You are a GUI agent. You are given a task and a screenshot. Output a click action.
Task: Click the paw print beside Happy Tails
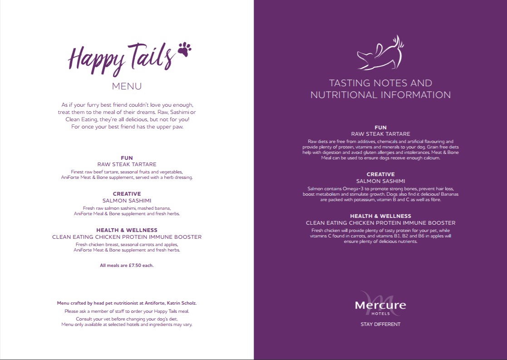[x=184, y=49]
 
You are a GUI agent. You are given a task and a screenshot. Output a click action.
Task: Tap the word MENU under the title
[x=127, y=86]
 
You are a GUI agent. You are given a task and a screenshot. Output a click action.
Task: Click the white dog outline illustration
[x=380, y=54]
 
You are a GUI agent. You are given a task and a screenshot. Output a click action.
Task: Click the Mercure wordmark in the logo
[x=380, y=306]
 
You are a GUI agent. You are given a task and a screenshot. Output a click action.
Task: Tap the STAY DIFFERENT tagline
[x=380, y=325]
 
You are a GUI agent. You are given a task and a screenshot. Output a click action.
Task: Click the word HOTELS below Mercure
[x=380, y=314]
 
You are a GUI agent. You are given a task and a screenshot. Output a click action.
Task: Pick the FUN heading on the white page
[x=127, y=158]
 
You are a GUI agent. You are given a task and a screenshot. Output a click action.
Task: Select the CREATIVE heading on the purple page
[x=380, y=174]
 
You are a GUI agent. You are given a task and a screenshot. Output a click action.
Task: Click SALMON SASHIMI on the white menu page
[x=127, y=200]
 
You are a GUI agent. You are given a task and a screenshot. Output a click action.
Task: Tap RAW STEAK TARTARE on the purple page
[x=380, y=134]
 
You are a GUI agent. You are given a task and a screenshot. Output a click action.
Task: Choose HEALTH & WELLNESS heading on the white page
[x=127, y=230]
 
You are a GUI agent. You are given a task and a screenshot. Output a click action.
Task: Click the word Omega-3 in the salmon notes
[x=354, y=188]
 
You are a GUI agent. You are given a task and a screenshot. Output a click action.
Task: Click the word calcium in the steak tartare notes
[x=429, y=158]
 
